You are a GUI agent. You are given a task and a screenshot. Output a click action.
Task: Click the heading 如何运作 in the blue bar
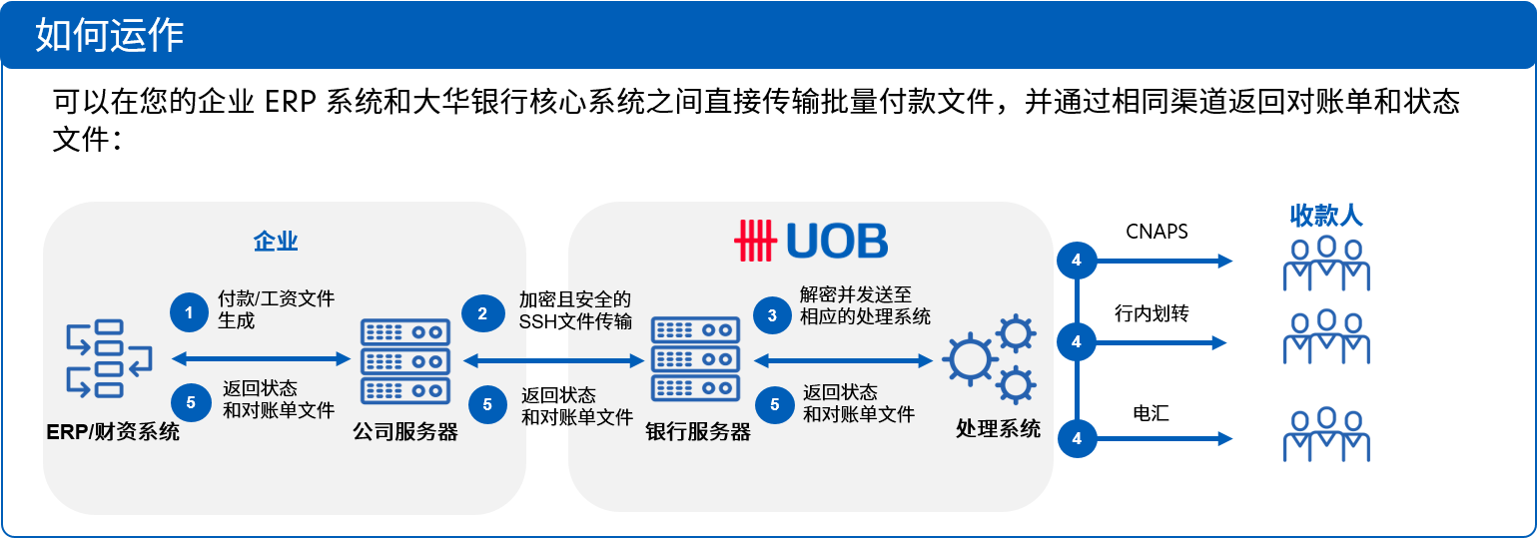(110, 35)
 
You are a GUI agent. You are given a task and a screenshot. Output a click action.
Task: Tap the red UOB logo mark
(755, 241)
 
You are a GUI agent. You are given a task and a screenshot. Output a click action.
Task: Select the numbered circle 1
(190, 312)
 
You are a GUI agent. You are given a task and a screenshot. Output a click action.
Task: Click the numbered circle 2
(483, 313)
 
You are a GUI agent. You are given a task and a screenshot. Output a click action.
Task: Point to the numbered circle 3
(773, 315)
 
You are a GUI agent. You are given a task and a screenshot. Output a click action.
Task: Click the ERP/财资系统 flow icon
(109, 358)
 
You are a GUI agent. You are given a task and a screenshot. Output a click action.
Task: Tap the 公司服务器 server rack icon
(405, 361)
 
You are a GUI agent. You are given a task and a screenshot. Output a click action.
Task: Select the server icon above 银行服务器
(696, 359)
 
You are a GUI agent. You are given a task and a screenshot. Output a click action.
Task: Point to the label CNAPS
(1156, 232)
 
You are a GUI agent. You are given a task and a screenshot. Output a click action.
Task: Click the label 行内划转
(1152, 313)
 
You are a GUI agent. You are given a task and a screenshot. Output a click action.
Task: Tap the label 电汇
(1151, 413)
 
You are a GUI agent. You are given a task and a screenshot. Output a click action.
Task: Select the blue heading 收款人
(1325, 216)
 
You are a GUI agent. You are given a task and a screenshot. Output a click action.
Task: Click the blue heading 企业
(276, 242)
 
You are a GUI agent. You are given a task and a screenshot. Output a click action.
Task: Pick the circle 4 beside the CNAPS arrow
(1077, 260)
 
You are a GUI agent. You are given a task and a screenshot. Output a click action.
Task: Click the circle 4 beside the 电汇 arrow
(1078, 438)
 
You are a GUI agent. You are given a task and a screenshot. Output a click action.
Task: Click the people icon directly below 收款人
(1326, 264)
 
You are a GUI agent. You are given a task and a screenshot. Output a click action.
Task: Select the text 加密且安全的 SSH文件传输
(575, 310)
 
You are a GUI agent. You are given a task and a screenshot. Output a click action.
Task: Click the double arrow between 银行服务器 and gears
(843, 360)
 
